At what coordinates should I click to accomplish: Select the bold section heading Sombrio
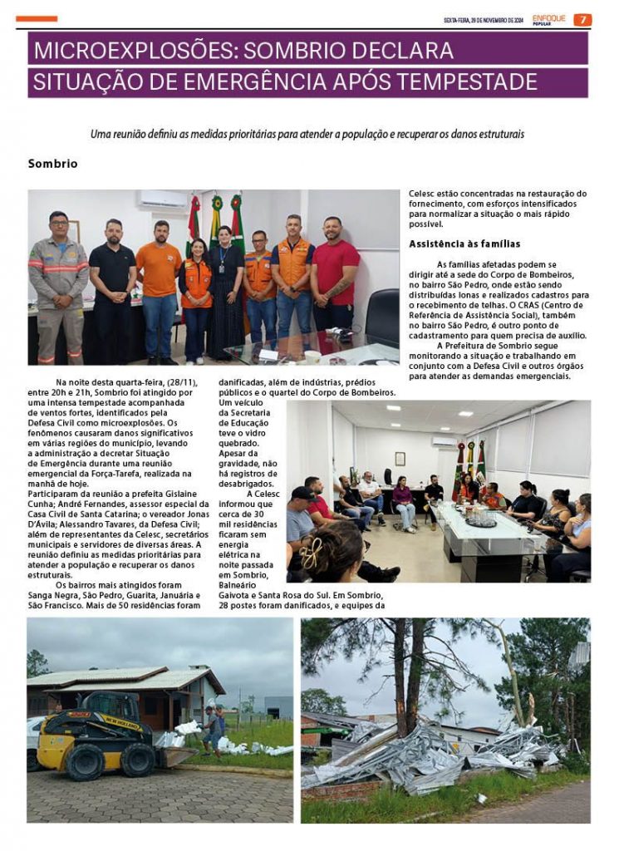(52, 164)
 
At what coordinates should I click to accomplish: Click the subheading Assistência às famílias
(464, 243)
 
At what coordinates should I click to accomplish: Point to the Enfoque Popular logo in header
(549, 20)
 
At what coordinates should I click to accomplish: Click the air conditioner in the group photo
(163, 199)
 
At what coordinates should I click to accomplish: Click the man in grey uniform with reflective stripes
(58, 283)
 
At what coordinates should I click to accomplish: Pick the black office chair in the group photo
(383, 315)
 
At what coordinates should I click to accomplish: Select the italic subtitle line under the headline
(307, 133)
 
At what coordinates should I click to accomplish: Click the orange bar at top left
(37, 18)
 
